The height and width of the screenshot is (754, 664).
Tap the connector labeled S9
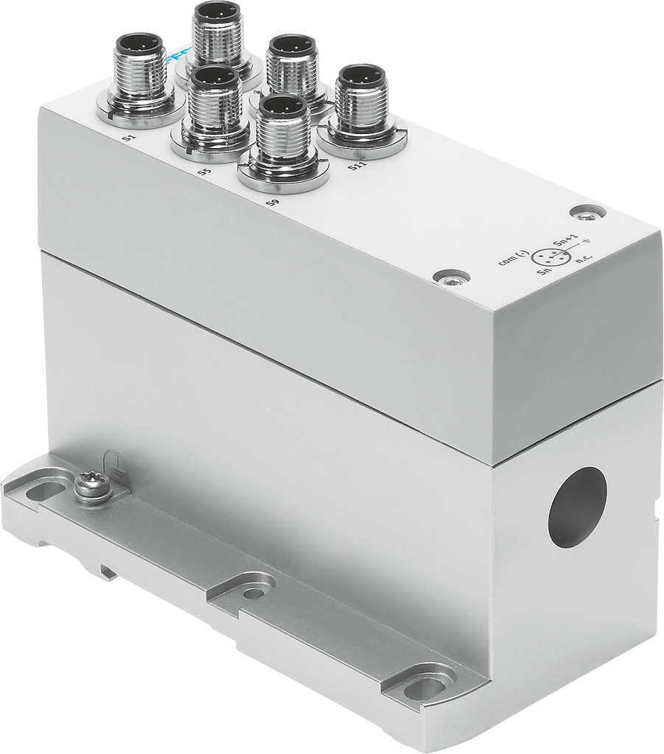[284, 140]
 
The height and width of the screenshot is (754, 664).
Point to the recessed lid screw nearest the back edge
[587, 213]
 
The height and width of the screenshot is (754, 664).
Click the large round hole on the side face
[577, 507]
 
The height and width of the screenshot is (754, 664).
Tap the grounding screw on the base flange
[91, 486]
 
